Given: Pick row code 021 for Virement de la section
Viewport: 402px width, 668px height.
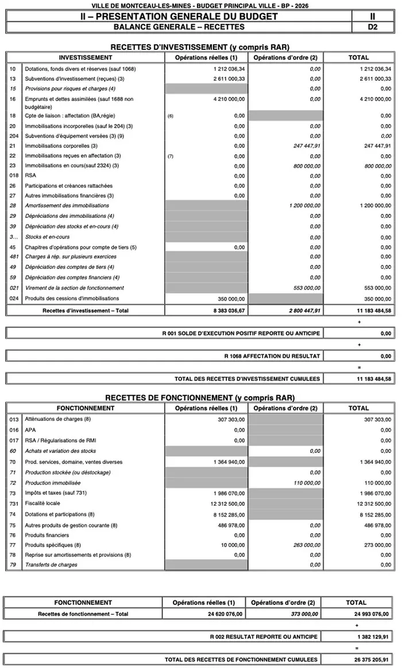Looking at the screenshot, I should coord(14,288).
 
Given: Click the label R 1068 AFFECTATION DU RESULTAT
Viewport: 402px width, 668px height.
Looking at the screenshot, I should coord(272,356).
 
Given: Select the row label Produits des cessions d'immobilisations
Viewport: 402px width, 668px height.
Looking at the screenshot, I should coord(72,298).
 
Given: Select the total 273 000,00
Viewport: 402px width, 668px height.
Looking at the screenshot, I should coord(377,545).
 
